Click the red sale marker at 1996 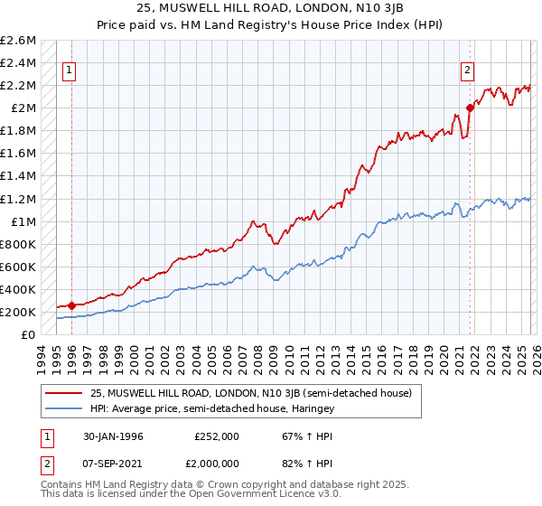click(x=72, y=305)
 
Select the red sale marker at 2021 click(x=470, y=108)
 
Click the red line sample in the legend click(x=63, y=393)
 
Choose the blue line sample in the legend click(x=63, y=408)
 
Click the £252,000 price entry click(x=217, y=436)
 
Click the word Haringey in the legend click(x=312, y=408)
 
